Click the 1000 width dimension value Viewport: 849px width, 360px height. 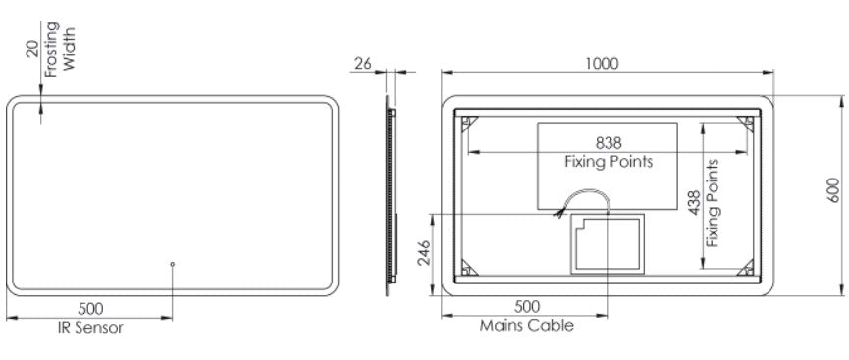tap(602, 64)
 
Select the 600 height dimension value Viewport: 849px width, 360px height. tap(834, 190)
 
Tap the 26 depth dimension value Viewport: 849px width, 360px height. tap(363, 64)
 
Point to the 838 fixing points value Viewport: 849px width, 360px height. tap(609, 143)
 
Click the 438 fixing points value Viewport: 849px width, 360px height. tap(695, 202)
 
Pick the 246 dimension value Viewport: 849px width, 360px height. tap(423, 253)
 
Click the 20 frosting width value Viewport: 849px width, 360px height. tap(33, 48)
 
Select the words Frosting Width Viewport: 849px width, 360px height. tap(60, 49)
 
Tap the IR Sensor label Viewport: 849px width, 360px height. tap(90, 327)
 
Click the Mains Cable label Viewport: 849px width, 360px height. tap(527, 326)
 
